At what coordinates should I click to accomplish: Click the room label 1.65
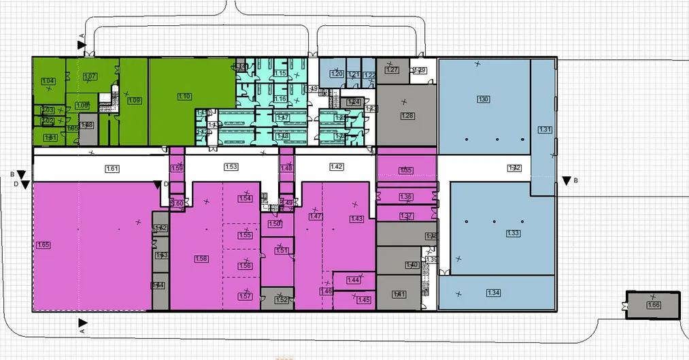pyautogui.click(x=44, y=244)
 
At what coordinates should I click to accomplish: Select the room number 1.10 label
pyautogui.click(x=184, y=97)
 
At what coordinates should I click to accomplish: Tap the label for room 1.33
pyautogui.click(x=513, y=233)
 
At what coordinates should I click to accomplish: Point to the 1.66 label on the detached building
pyautogui.click(x=654, y=304)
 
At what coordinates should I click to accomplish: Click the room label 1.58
pyautogui.click(x=201, y=259)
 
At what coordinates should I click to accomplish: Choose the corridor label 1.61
pyautogui.click(x=114, y=167)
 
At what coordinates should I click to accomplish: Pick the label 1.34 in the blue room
pyautogui.click(x=494, y=293)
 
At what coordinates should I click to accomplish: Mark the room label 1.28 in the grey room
pyautogui.click(x=407, y=116)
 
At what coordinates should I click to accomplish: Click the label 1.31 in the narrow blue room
pyautogui.click(x=545, y=129)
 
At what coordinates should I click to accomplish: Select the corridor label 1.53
pyautogui.click(x=231, y=167)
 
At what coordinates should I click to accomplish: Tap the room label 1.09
pyautogui.click(x=134, y=101)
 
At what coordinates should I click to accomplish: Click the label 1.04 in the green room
pyautogui.click(x=48, y=82)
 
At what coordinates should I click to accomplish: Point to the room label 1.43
pyautogui.click(x=356, y=218)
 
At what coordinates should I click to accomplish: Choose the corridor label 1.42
pyautogui.click(x=336, y=167)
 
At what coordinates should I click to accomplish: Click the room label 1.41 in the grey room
pyautogui.click(x=400, y=294)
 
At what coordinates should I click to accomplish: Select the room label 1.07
pyautogui.click(x=90, y=76)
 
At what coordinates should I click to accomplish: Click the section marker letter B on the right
pyautogui.click(x=576, y=180)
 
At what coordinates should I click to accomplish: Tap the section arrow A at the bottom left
pyautogui.click(x=82, y=323)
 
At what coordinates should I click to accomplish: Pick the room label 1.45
pyautogui.click(x=363, y=299)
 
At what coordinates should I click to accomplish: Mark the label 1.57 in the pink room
pyautogui.click(x=246, y=295)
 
